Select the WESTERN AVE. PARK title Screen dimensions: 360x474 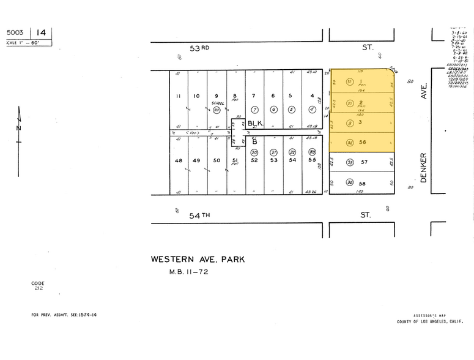(x=198, y=260)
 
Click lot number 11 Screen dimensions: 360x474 (x=178, y=96)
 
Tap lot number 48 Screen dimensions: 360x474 (x=178, y=160)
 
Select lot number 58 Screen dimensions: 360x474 (x=363, y=184)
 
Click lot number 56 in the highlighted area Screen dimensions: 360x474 (x=363, y=143)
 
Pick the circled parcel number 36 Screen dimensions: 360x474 (x=350, y=182)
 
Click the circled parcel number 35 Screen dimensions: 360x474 (x=350, y=163)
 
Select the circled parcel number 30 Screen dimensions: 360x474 (x=254, y=152)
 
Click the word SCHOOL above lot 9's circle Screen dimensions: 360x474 (x=217, y=103)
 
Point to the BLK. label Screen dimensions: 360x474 (x=255, y=123)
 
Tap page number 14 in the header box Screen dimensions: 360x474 (x=41, y=32)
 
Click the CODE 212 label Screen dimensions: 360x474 (x=38, y=285)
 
